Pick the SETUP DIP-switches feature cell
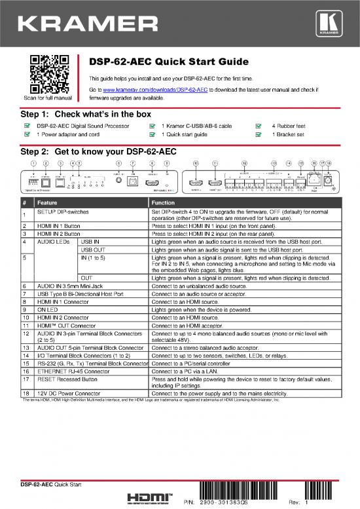tap(62, 212)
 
